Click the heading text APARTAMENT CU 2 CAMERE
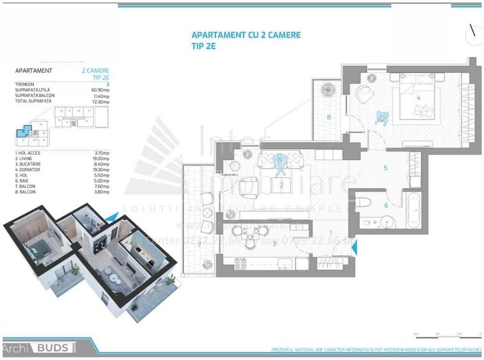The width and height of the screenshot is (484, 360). (x=246, y=35)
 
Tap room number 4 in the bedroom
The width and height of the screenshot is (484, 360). (x=418, y=98)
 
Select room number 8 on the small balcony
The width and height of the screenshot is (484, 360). (x=328, y=117)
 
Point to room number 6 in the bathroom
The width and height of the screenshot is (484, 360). (x=386, y=205)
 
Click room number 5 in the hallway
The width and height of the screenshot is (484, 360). (x=386, y=168)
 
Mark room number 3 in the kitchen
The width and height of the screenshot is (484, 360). (x=274, y=242)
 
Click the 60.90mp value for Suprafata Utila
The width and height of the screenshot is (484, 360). (x=100, y=90)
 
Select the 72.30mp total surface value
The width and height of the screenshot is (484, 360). (x=100, y=101)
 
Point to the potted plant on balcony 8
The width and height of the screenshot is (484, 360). (x=328, y=90)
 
